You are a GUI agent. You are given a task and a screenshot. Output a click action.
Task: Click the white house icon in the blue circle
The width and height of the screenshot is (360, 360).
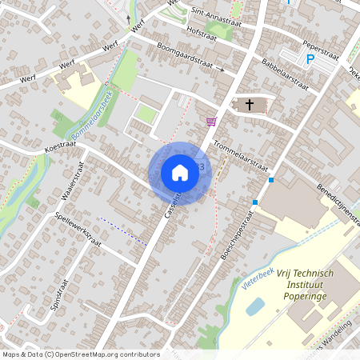coord(180,172)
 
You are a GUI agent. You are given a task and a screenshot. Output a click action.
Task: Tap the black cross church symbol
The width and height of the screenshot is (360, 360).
coord(249,105)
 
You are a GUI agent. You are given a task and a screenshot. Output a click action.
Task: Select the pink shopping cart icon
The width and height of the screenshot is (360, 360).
coord(211,122)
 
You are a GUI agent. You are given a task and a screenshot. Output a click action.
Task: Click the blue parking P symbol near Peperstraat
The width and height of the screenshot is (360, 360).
coord(310,58)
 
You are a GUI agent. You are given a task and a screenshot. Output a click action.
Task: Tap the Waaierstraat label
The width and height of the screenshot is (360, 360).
coord(72,191)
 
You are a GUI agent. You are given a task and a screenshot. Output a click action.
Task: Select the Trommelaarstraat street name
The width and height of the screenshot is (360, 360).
coord(241,152)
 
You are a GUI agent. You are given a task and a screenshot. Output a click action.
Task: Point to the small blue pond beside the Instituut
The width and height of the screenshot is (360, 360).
coord(255,306)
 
